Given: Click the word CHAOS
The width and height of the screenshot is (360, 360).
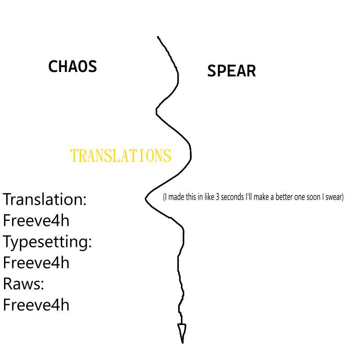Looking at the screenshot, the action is click(x=72, y=66).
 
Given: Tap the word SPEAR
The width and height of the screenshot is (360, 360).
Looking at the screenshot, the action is click(x=231, y=71).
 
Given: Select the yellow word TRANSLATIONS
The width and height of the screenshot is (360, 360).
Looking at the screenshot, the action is click(x=121, y=156).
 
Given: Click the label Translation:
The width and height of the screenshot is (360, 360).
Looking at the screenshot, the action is click(x=45, y=199).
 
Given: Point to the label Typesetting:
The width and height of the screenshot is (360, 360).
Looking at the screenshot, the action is click(x=47, y=242).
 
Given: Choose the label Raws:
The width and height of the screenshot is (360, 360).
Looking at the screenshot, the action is click(x=23, y=284).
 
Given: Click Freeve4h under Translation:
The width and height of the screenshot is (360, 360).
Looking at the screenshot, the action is click(x=36, y=220).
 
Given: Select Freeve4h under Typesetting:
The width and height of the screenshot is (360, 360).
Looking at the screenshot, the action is click(x=36, y=263).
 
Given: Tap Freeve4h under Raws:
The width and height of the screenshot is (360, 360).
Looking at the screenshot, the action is click(x=36, y=305).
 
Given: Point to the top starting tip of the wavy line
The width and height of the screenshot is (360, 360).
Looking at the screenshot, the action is click(x=158, y=37).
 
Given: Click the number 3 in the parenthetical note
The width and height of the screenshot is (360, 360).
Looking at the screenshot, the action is click(x=217, y=197).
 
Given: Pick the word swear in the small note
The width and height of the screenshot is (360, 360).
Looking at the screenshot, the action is click(x=334, y=197).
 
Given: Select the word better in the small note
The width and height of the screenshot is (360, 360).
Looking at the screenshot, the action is click(x=284, y=197).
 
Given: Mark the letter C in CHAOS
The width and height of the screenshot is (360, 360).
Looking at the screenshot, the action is click(x=53, y=66).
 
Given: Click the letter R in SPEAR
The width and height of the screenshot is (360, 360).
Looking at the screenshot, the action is click(x=251, y=71).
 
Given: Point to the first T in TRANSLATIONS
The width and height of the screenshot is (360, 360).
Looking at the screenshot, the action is click(x=74, y=156).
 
